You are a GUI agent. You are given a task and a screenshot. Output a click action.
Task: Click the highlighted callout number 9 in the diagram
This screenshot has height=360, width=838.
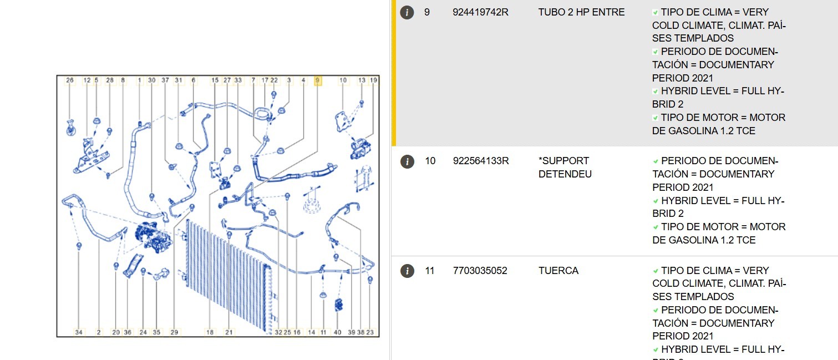pyautogui.click(x=318, y=80)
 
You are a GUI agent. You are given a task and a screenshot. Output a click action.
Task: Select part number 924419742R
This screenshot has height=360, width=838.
pyautogui.click(x=480, y=12)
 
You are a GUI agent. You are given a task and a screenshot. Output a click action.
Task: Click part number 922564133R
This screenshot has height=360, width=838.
pyautogui.click(x=481, y=161)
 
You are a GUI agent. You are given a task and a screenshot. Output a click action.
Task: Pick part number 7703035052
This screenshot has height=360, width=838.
pyautogui.click(x=480, y=271)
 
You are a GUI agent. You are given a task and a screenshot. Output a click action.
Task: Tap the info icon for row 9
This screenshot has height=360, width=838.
pyautogui.click(x=407, y=12)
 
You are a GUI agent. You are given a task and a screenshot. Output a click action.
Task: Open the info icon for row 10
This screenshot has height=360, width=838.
pyautogui.click(x=407, y=161)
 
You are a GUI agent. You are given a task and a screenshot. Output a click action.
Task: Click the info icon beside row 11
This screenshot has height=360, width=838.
pyautogui.click(x=407, y=271)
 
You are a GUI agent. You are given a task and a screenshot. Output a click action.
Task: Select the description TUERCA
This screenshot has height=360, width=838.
pyautogui.click(x=558, y=271)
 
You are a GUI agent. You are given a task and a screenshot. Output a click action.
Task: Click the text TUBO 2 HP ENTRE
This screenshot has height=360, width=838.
pyautogui.click(x=581, y=12)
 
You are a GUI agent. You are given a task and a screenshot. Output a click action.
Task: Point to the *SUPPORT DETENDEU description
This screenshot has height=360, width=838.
pyautogui.click(x=565, y=168)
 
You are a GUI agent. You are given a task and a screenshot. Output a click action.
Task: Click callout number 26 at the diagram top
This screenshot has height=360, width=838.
pyautogui.click(x=69, y=80)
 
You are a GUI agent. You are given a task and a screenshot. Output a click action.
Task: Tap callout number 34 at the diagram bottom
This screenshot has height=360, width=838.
pyautogui.click(x=79, y=332)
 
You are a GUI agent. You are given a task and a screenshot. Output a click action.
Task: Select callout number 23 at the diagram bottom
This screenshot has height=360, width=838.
pyautogui.click(x=369, y=332)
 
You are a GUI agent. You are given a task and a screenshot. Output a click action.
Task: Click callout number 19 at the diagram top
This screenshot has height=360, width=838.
pyautogui.click(x=373, y=80)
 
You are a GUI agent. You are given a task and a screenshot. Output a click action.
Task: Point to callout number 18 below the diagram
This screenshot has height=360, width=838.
pyautogui.click(x=210, y=332)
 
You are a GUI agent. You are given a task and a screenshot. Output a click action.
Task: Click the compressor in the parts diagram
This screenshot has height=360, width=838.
pyautogui.click(x=154, y=237)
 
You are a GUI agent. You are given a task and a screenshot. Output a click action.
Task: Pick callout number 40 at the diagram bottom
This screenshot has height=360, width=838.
pyautogui.click(x=337, y=332)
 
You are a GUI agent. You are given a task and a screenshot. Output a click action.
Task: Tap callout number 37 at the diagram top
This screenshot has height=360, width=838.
pyautogui.click(x=165, y=80)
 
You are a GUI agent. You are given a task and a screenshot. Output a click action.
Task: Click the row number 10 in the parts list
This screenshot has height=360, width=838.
pyautogui.click(x=430, y=161)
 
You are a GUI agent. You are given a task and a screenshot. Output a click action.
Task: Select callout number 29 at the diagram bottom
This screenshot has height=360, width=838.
pyautogui.click(x=174, y=332)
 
